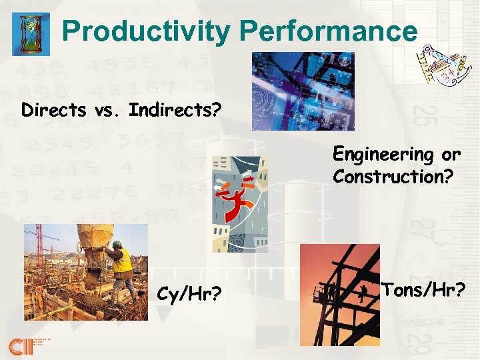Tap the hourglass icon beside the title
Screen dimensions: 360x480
point(31,33)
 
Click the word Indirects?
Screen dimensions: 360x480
point(175,109)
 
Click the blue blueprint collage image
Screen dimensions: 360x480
point(303,91)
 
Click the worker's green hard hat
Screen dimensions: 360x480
point(117,245)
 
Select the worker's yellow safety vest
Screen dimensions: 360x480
point(121,261)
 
